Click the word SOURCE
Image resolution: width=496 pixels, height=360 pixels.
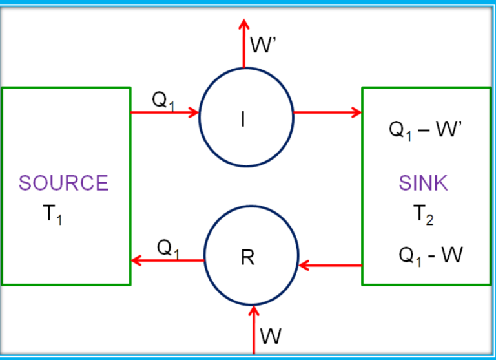click(63, 183)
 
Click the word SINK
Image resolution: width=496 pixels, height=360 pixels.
click(423, 183)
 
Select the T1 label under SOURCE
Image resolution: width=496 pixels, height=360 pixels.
click(54, 215)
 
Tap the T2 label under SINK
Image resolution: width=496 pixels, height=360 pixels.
click(424, 215)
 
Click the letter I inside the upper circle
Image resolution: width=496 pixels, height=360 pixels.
click(243, 120)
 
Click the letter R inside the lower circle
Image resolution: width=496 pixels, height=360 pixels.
click(247, 258)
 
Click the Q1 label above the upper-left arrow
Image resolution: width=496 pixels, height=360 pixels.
click(163, 100)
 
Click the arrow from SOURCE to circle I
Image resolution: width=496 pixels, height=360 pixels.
click(165, 112)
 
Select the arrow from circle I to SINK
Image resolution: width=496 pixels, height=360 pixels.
click(327, 112)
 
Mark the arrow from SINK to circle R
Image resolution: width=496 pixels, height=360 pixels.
click(330, 265)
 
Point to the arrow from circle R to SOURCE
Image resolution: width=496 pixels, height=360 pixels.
click(168, 260)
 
